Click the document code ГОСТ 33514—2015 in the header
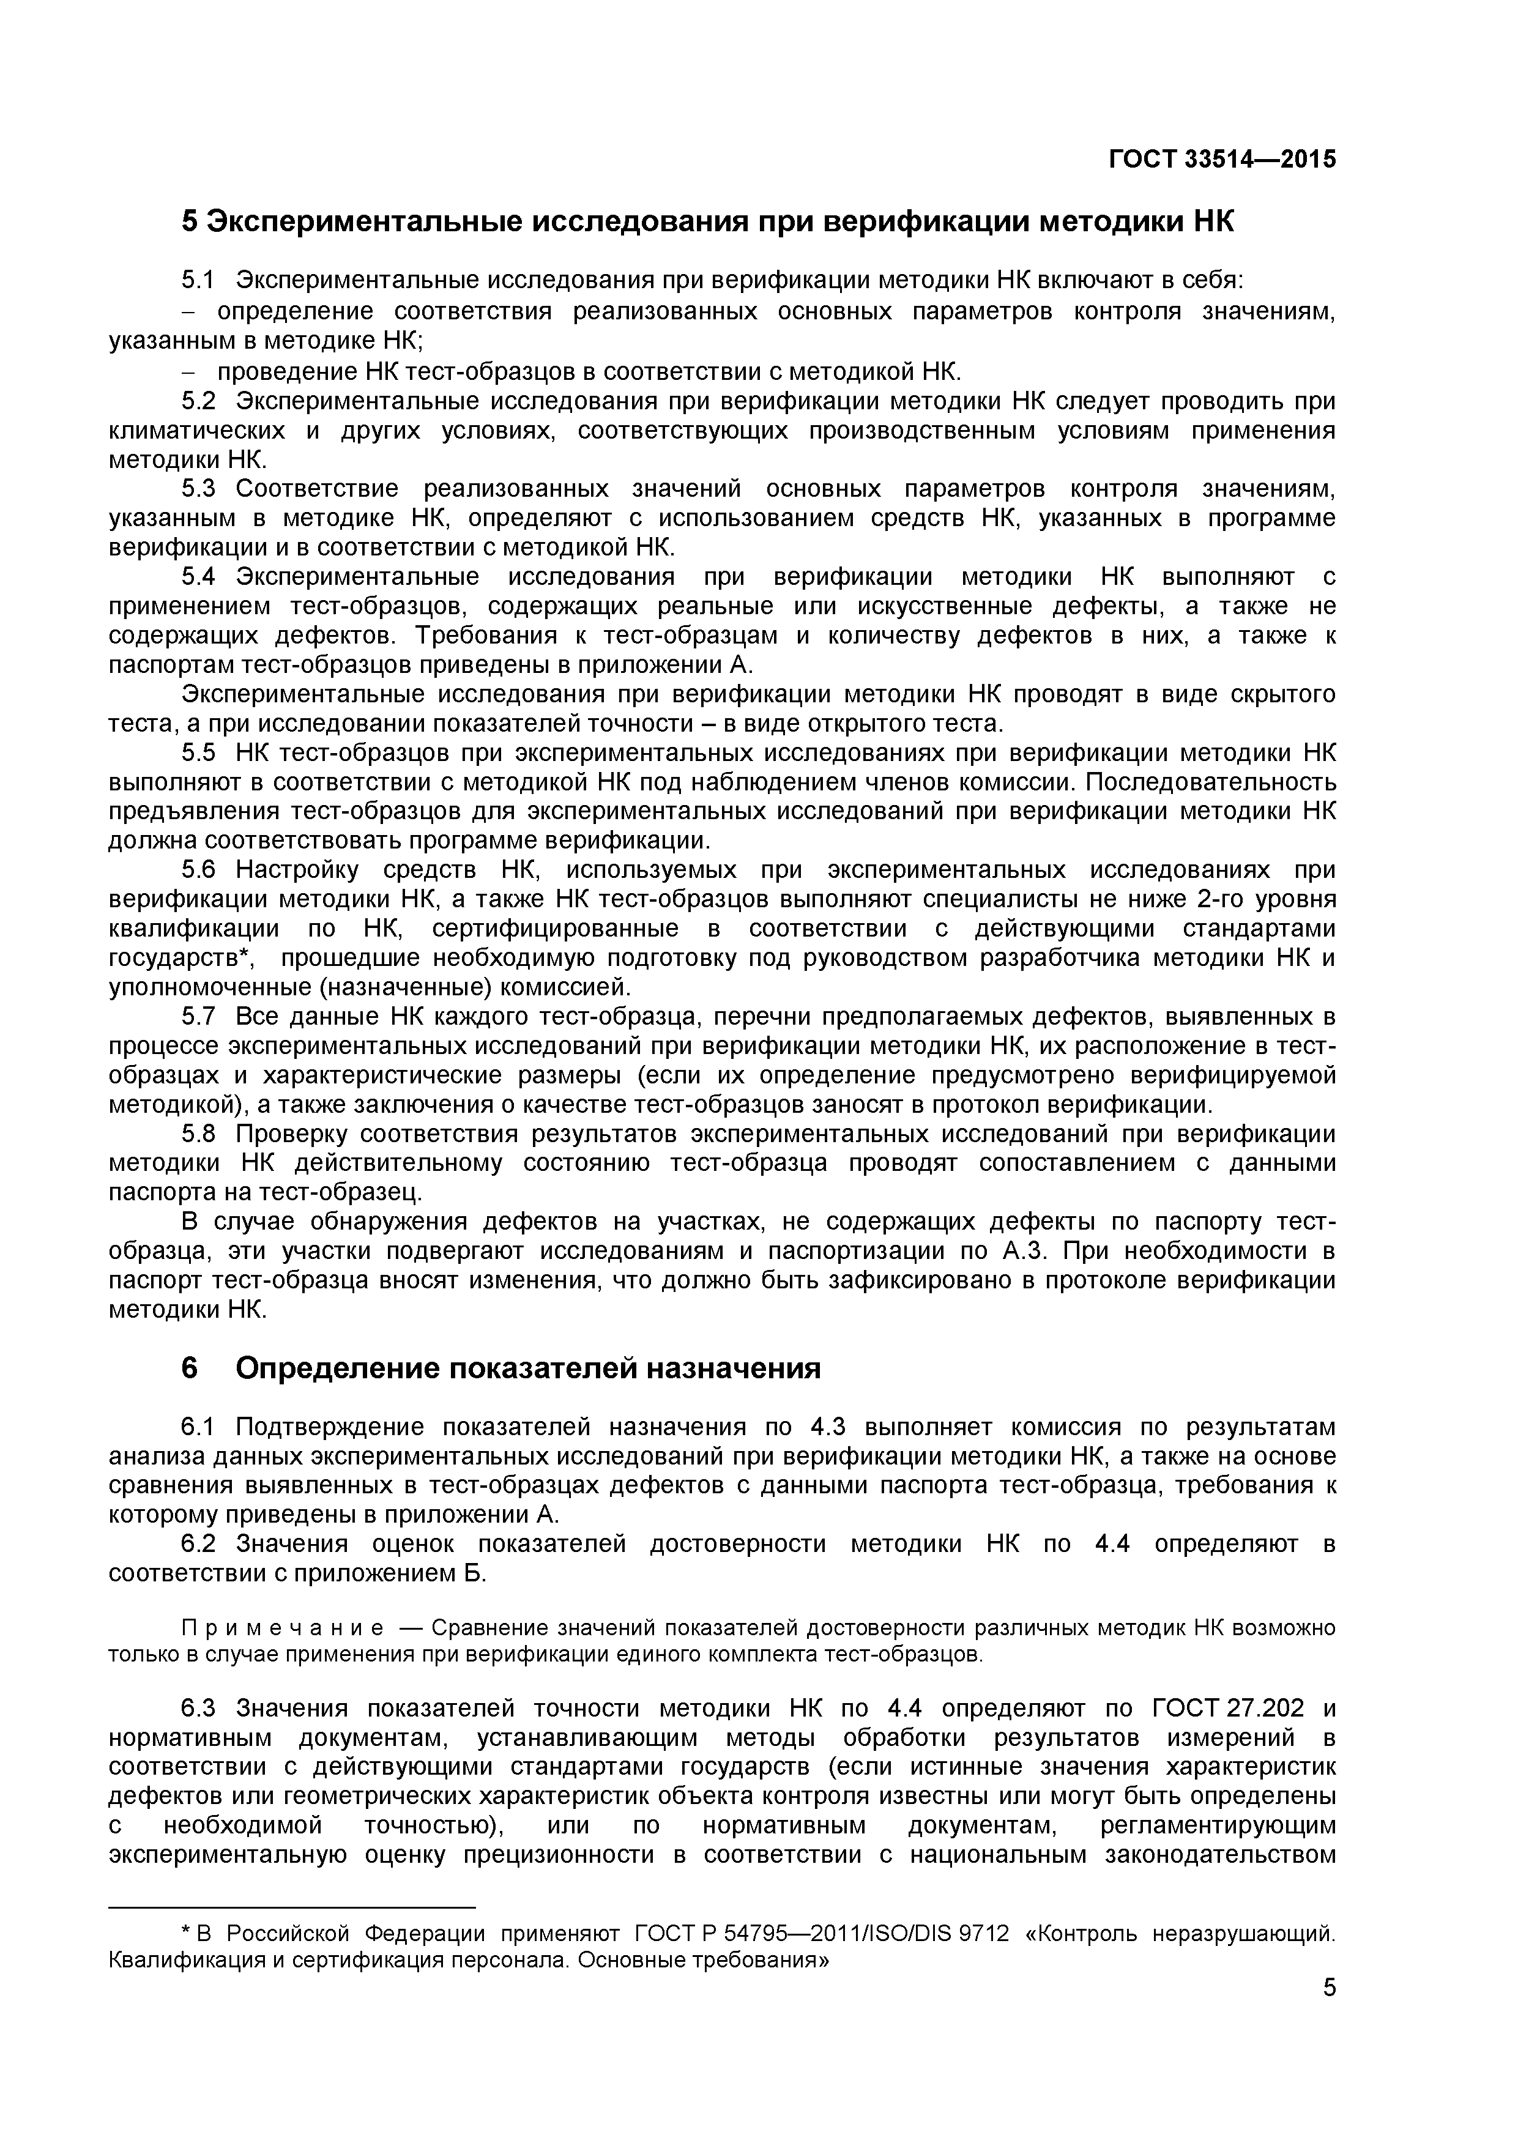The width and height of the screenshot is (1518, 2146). (x=1222, y=160)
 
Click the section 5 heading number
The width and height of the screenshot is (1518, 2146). (x=190, y=223)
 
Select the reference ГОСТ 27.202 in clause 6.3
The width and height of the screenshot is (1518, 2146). (x=1227, y=1709)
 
